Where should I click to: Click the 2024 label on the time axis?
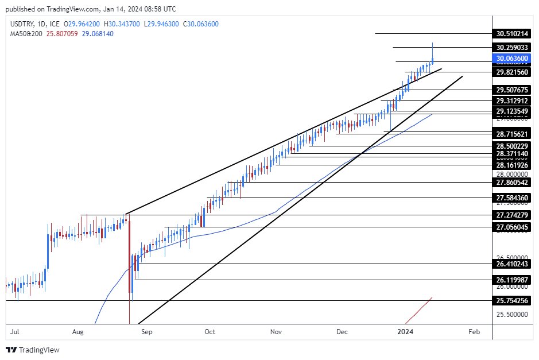(x=406, y=332)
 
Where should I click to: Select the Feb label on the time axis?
(x=474, y=332)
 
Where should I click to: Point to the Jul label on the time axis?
(x=15, y=332)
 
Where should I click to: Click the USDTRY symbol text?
(x=22, y=24)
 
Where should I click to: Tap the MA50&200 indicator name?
(x=25, y=34)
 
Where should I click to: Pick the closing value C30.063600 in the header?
(x=207, y=24)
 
